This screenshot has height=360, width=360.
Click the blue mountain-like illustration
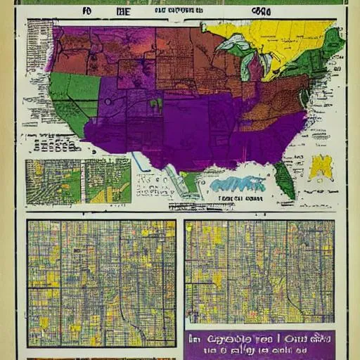(239, 184)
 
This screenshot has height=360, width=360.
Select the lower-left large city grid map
(101, 281)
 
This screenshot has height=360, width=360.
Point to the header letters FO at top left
(68, 12)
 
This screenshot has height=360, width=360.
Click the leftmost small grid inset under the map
(53, 181)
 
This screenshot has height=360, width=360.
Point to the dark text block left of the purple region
(55, 144)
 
